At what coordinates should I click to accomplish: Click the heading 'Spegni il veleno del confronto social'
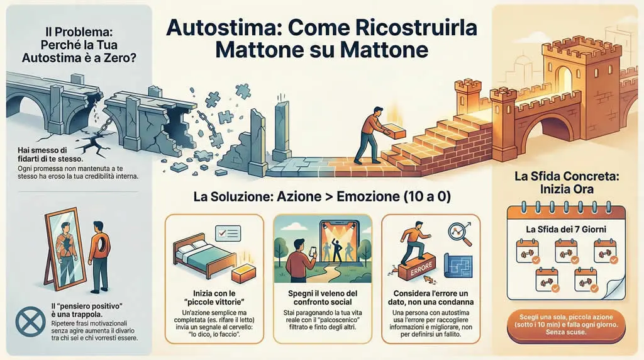pyautogui.click(x=321, y=297)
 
